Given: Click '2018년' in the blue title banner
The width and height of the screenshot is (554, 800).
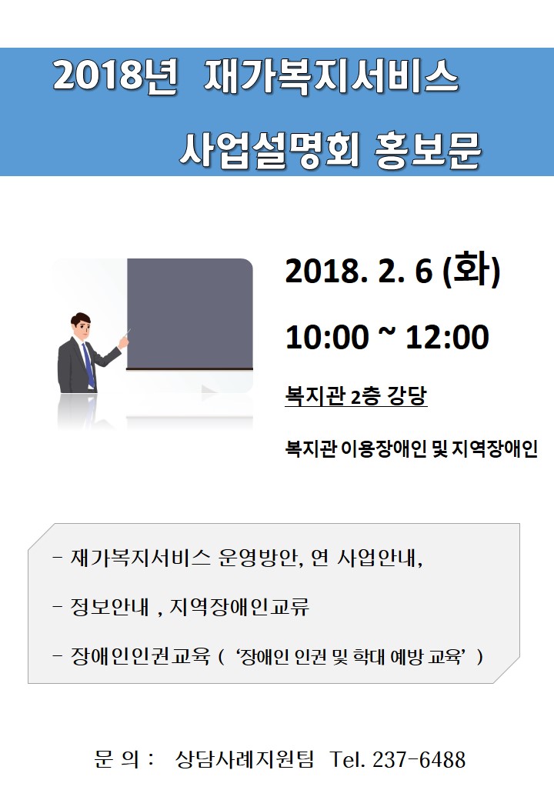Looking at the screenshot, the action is [x=115, y=77].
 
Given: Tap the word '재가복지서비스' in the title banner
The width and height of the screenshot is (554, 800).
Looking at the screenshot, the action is [x=331, y=77].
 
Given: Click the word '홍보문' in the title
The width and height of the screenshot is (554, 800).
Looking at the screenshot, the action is [x=428, y=149].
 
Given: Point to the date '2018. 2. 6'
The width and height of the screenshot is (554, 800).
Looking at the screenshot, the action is [x=359, y=271].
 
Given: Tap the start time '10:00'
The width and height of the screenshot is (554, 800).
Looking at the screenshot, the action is [x=326, y=337].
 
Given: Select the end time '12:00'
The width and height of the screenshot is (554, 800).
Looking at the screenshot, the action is [x=447, y=337].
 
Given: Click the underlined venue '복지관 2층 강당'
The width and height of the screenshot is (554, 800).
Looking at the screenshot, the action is [x=356, y=396].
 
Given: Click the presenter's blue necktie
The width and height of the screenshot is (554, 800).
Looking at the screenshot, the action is [x=88, y=365].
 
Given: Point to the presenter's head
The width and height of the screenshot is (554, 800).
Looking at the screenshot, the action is [x=81, y=326].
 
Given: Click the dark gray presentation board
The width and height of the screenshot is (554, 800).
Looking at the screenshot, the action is [x=190, y=313].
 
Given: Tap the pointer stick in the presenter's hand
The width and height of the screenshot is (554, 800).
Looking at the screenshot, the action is [x=125, y=337].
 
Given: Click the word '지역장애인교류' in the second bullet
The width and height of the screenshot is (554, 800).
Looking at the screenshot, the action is [x=239, y=607].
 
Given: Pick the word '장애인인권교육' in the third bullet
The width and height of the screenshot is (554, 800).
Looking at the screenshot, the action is [x=140, y=656].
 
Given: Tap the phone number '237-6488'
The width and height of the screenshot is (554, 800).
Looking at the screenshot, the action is [x=419, y=759].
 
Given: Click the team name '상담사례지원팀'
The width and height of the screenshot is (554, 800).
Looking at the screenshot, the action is [x=245, y=759].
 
